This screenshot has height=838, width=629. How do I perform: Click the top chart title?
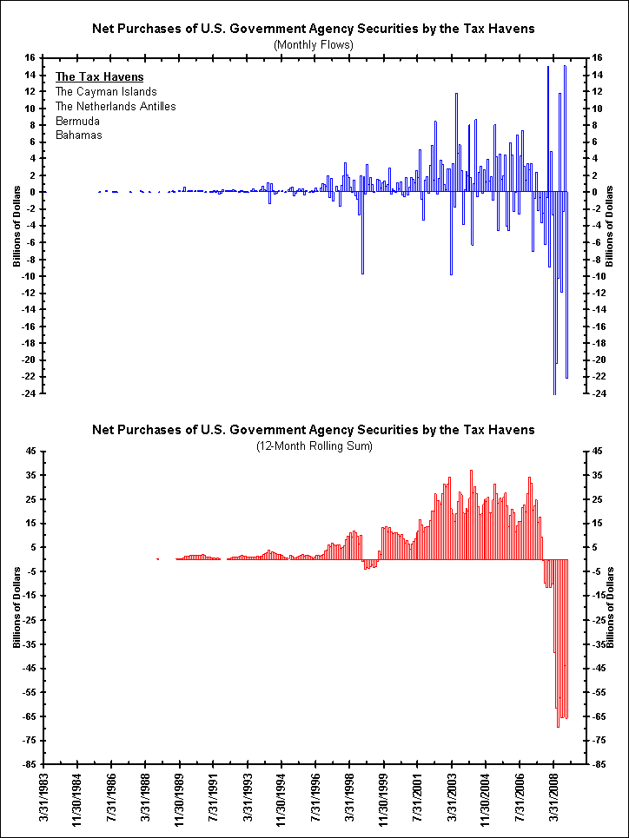click(314, 29)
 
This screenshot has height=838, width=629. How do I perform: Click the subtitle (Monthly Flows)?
click(314, 43)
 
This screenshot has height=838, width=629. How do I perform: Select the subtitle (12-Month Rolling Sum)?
click(314, 445)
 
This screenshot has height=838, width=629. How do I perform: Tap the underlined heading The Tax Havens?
click(99, 76)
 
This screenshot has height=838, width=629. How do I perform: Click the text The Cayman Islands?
click(106, 91)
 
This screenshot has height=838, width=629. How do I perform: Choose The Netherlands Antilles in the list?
click(116, 106)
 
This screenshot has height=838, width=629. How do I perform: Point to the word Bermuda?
click(77, 121)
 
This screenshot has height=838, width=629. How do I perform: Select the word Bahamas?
click(78, 135)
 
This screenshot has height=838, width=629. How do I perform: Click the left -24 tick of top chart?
click(30, 393)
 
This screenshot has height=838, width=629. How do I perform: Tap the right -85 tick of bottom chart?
click(599, 765)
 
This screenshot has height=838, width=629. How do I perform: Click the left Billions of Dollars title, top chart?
click(16, 226)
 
